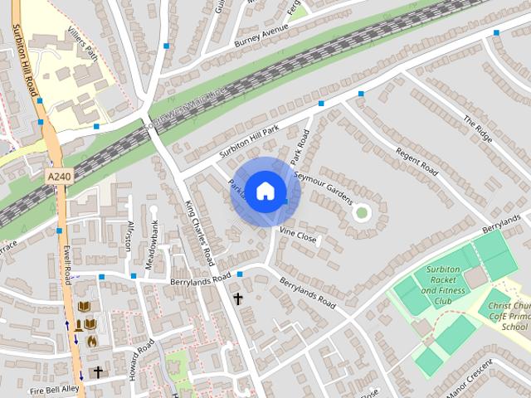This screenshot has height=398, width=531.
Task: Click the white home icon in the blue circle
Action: click(265, 191)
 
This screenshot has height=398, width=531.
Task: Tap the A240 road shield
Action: click(59, 177)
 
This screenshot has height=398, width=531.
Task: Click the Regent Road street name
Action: click(417, 156)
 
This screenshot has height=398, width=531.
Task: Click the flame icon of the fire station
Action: click(91, 340)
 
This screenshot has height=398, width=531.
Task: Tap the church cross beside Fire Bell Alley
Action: click(97, 372)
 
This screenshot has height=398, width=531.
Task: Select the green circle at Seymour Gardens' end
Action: click(361, 212)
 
